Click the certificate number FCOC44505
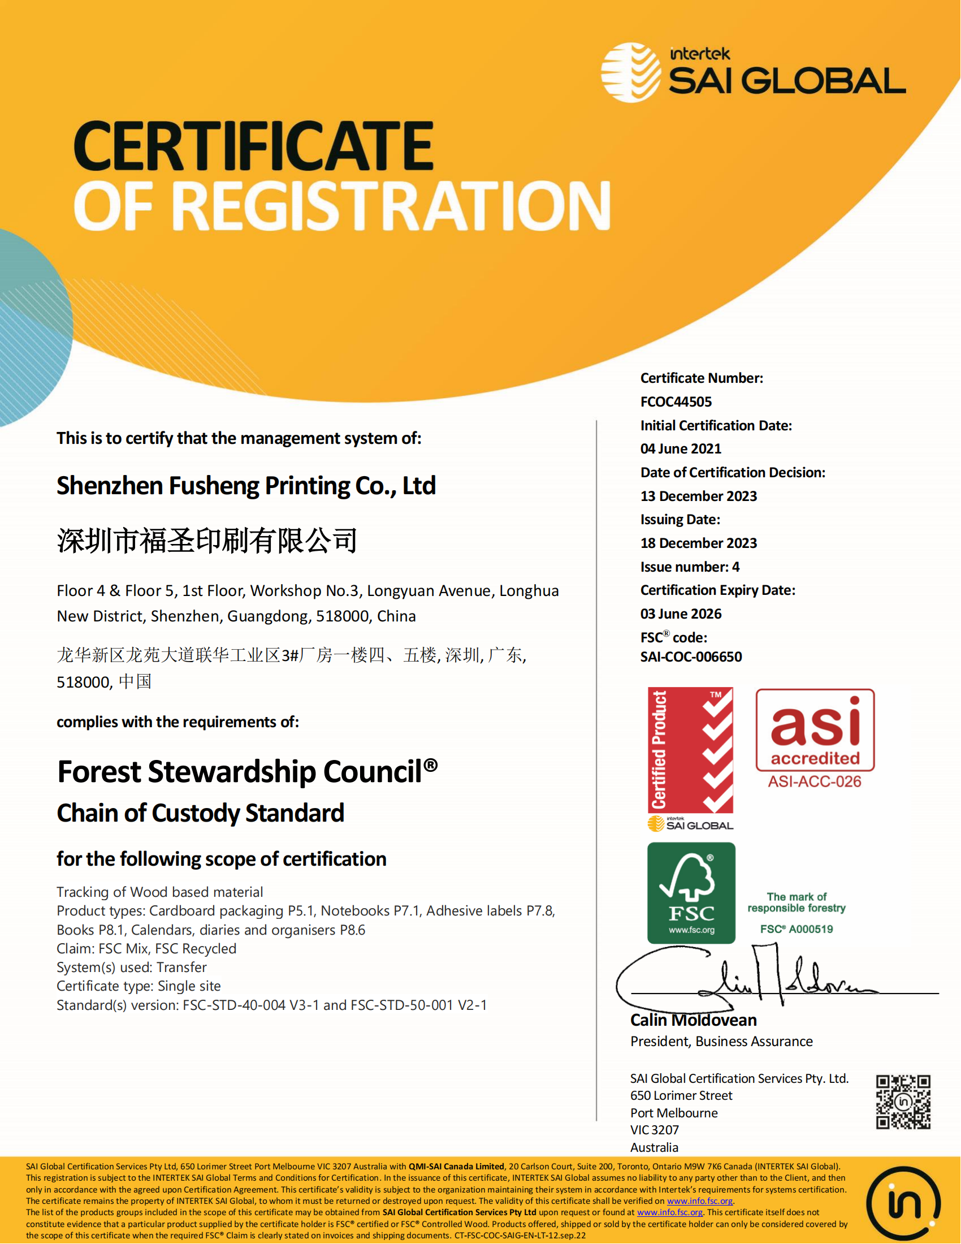pyautogui.click(x=676, y=401)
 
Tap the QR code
pyautogui.click(x=903, y=1102)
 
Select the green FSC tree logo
pyautogui.click(x=691, y=892)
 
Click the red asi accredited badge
pyautogui.click(x=815, y=730)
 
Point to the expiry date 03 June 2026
pyautogui.click(x=681, y=614)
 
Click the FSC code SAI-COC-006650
pyautogui.click(x=691, y=656)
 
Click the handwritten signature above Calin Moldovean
pyautogui.click(x=751, y=979)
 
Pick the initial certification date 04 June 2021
pyautogui.click(x=681, y=449)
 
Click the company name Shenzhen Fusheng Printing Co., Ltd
pyautogui.click(x=246, y=486)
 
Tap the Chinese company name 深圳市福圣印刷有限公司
pyautogui.click(x=207, y=541)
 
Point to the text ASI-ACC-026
pyautogui.click(x=815, y=781)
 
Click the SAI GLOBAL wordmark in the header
pyautogui.click(x=787, y=80)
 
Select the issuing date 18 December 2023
pyautogui.click(x=699, y=543)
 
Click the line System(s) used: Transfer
pyautogui.click(x=132, y=967)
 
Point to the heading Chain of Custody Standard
pyautogui.click(x=201, y=813)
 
